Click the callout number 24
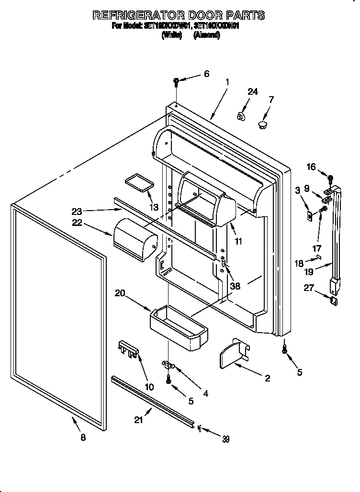pos(252,92)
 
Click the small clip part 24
pos(241,116)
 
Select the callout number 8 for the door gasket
pos(83,437)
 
